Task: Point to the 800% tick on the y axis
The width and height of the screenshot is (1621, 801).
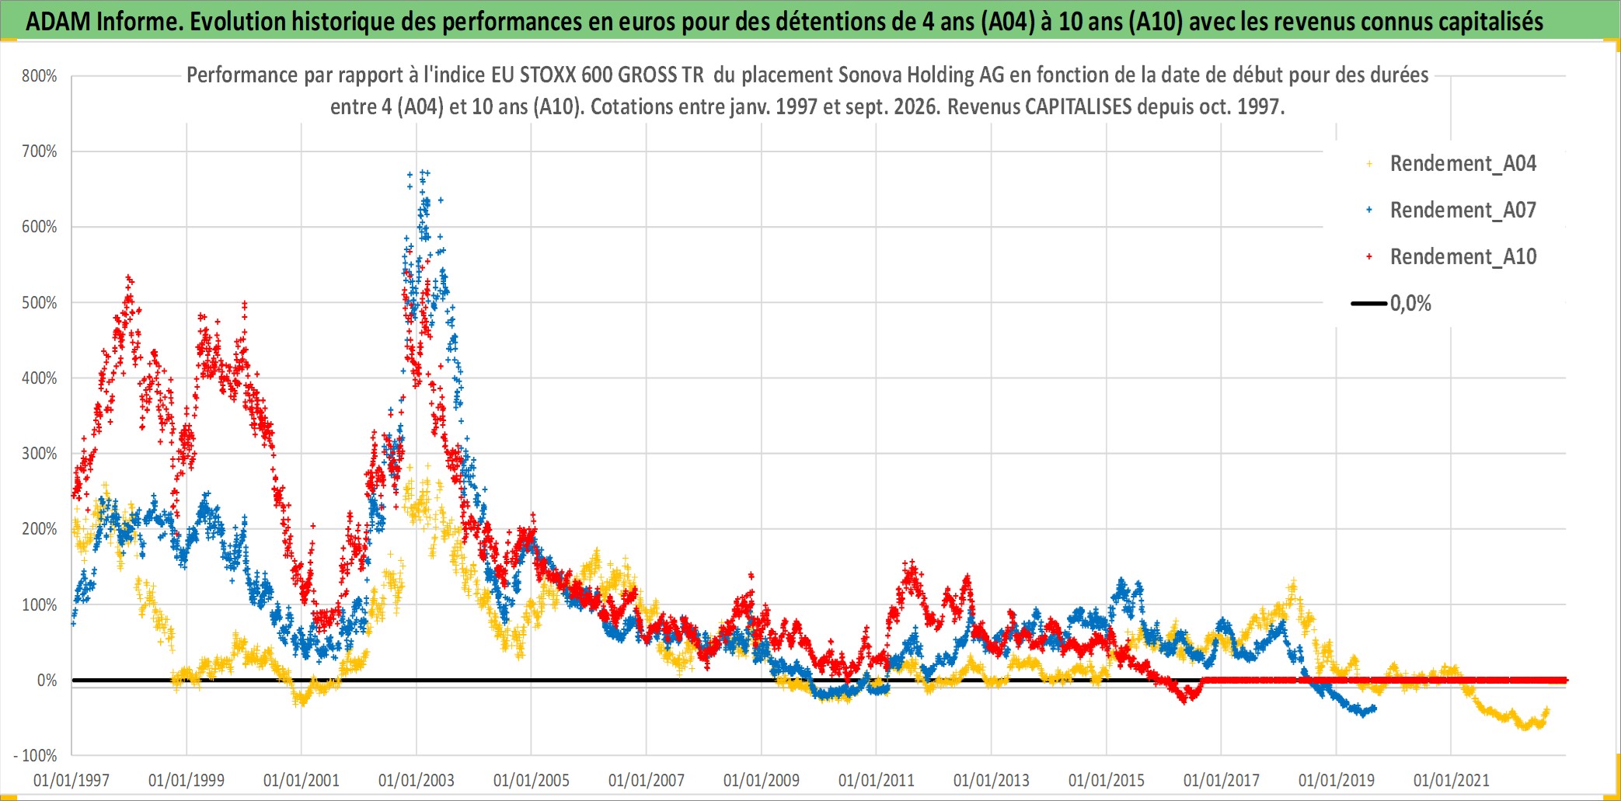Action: pos(40,76)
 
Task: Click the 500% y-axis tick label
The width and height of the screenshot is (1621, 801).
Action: pos(40,303)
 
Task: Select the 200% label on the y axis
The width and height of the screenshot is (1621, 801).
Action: pos(40,529)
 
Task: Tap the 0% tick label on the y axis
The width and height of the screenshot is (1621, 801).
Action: pos(47,681)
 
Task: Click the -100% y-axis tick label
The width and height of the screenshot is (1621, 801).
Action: pos(36,756)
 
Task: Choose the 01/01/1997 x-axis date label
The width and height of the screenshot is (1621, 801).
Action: pos(71,780)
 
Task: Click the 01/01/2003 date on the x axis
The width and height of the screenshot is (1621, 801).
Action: pos(417,780)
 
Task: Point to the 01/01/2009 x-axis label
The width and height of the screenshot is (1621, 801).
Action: pos(762,780)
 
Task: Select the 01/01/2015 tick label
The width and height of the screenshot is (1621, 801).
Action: pos(1107,780)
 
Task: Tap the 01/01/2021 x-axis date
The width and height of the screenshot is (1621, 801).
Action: pos(1452,780)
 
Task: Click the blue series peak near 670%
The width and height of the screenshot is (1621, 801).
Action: pos(424,172)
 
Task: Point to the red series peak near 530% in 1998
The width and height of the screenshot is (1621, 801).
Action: pos(129,278)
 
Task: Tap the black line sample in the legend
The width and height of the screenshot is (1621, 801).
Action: pos(1369,304)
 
